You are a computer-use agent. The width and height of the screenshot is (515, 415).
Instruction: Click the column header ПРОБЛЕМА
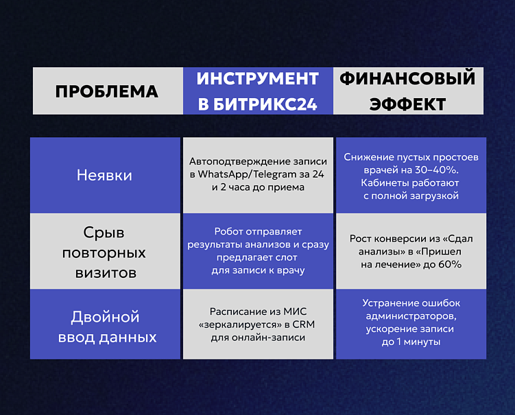(106, 91)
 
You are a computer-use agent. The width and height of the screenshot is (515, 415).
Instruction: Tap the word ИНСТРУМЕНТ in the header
(258, 79)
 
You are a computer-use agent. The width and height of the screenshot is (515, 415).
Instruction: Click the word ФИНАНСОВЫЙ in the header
(407, 78)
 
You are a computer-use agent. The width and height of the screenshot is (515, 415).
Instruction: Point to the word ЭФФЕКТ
(407, 104)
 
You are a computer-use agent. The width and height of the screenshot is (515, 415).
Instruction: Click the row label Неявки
(104, 175)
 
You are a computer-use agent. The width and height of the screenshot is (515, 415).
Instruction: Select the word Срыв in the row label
(104, 232)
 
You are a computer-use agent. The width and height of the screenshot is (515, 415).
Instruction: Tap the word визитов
(104, 273)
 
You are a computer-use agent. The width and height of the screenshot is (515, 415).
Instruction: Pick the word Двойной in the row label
(105, 317)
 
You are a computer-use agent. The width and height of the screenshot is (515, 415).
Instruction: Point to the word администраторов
(411, 316)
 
